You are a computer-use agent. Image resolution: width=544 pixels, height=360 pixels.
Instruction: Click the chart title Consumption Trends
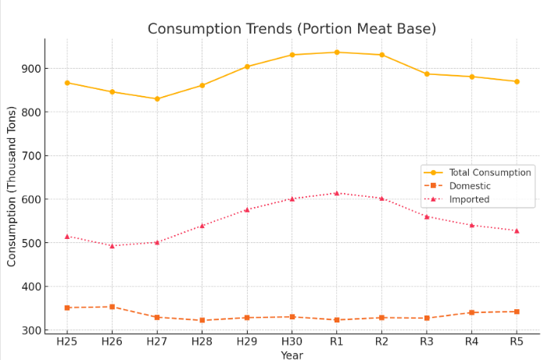(x=292, y=29)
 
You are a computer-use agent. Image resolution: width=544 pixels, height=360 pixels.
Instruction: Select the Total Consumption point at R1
(x=337, y=52)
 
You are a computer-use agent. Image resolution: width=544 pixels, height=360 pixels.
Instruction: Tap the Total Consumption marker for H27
(x=157, y=99)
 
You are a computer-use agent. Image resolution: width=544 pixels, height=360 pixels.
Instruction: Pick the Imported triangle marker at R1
(x=337, y=193)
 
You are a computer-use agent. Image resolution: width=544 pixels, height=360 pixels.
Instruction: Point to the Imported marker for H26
(x=112, y=246)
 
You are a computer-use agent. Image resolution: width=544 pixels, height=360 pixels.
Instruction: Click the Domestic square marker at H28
(x=202, y=320)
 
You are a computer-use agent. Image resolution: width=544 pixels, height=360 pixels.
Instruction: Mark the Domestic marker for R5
(x=517, y=312)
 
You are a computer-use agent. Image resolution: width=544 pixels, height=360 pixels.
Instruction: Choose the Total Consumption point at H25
(x=67, y=83)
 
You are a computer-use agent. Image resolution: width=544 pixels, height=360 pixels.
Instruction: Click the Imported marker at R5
(x=517, y=230)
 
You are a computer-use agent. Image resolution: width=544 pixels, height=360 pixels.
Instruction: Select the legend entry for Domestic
(x=470, y=186)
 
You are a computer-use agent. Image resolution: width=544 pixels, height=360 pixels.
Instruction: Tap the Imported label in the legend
(x=469, y=199)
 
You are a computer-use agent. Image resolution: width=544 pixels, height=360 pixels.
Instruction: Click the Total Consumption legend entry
(x=489, y=173)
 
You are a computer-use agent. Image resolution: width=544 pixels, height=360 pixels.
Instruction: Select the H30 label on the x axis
(x=292, y=341)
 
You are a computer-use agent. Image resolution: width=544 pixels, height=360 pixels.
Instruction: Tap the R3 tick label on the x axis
(x=427, y=341)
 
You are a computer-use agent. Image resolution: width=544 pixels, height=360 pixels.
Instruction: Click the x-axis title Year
(x=292, y=355)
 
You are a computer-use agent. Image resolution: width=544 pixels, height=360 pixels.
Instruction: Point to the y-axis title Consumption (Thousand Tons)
(x=12, y=186)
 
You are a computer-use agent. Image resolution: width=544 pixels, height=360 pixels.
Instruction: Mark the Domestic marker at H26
(x=112, y=307)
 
